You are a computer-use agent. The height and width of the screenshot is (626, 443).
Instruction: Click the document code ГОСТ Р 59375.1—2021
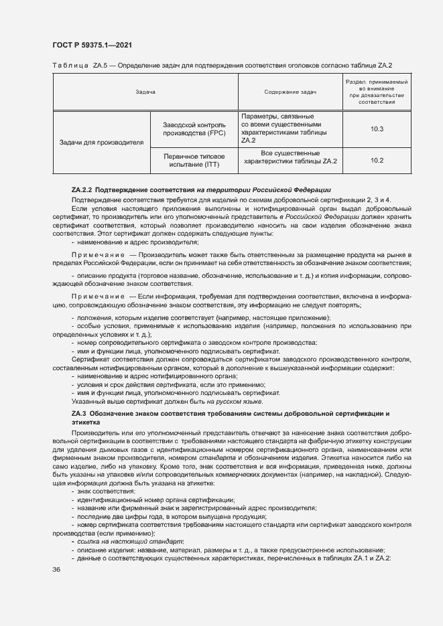point(92,44)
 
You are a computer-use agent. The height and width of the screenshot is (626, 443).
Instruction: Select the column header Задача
point(145,92)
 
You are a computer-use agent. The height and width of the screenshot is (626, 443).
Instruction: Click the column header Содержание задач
point(290,92)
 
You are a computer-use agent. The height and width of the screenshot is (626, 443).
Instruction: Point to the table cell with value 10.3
point(376,129)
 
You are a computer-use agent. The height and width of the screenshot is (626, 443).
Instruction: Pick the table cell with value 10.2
point(376,161)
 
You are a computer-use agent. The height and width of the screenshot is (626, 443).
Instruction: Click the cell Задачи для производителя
point(101,143)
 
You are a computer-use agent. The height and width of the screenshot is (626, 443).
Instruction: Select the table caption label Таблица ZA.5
point(75,65)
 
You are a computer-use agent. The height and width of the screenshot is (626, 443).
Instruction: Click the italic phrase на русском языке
point(235,402)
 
